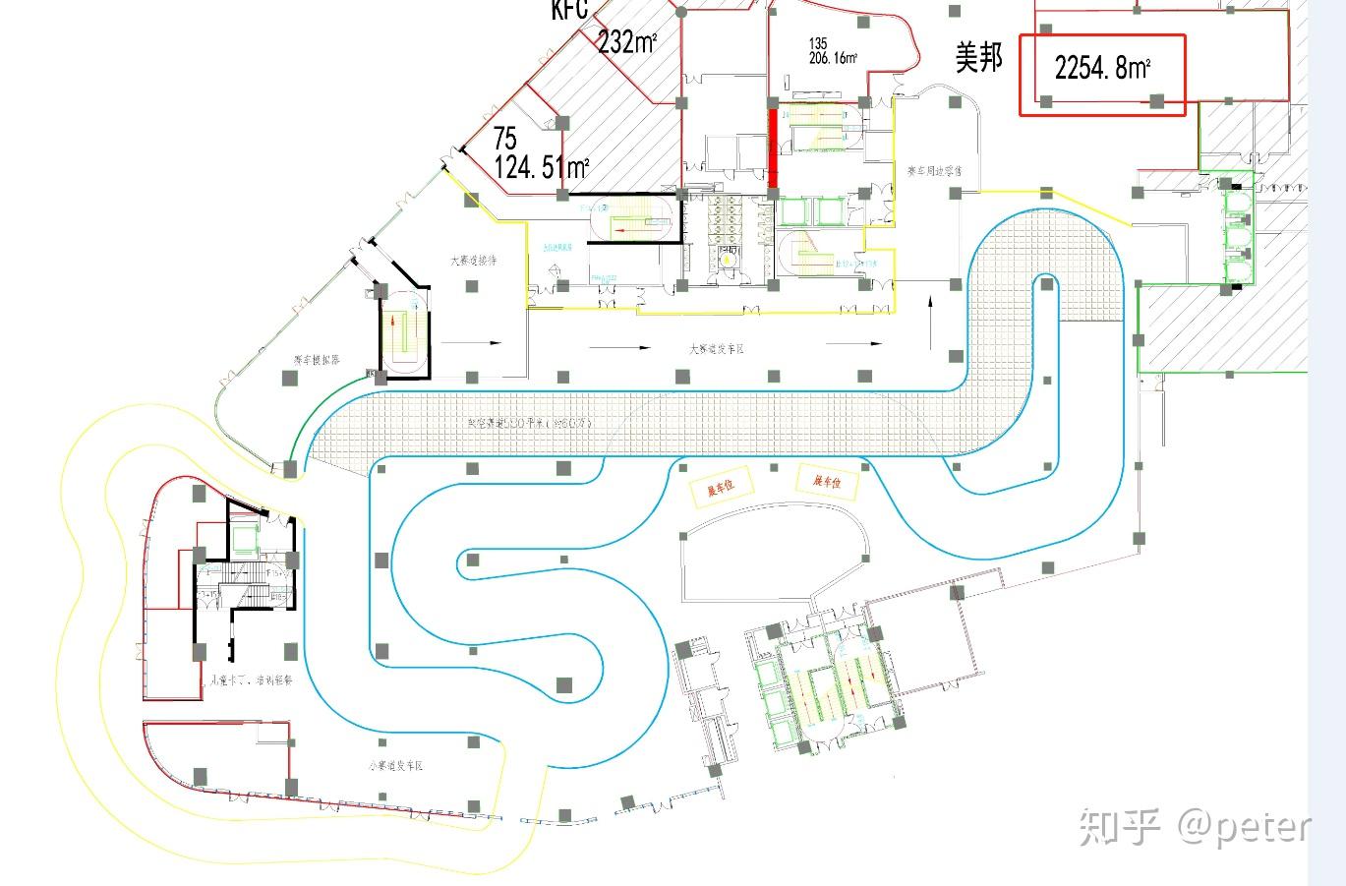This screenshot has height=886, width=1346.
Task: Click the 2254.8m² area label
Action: tap(1102, 68)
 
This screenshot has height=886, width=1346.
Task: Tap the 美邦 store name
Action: tap(979, 58)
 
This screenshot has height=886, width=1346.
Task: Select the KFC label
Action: tap(569, 10)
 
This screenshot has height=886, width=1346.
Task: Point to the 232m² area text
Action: tap(627, 42)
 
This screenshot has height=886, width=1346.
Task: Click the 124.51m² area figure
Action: tap(541, 166)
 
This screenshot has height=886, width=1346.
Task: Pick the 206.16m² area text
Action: tap(833, 58)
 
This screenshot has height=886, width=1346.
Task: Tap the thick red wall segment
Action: tap(773, 148)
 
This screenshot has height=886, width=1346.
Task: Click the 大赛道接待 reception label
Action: tap(473, 261)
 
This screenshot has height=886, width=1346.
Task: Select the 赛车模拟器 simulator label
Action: tap(317, 360)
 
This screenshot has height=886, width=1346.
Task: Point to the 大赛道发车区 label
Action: tap(717, 348)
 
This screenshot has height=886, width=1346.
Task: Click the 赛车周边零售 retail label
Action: tap(934, 171)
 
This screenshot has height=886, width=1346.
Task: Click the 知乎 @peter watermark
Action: tap(1195, 826)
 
